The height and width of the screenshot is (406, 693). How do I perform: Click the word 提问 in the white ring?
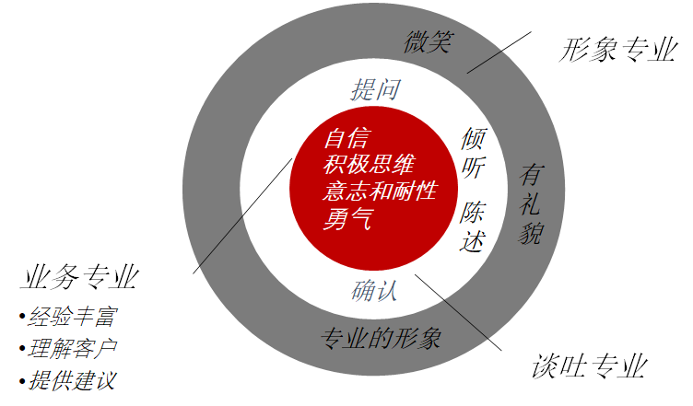[374, 89]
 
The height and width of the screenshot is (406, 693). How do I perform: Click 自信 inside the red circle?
[346, 139]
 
